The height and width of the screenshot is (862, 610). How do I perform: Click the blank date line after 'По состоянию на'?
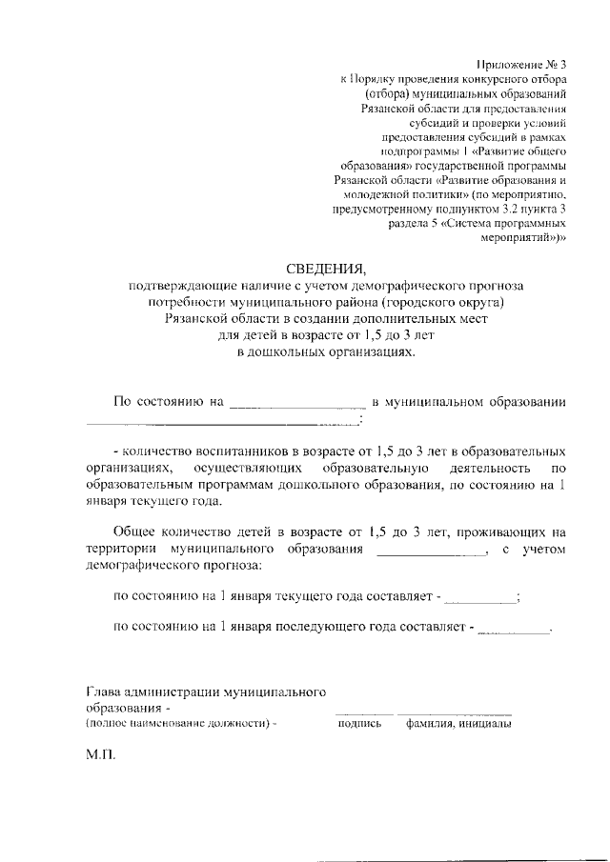click(297, 405)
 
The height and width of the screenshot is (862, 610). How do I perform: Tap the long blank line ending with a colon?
click(223, 423)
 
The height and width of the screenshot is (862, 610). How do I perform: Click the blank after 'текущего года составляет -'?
click(479, 600)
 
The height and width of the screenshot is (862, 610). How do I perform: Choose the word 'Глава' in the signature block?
click(103, 692)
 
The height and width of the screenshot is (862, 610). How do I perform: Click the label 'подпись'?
click(359, 724)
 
